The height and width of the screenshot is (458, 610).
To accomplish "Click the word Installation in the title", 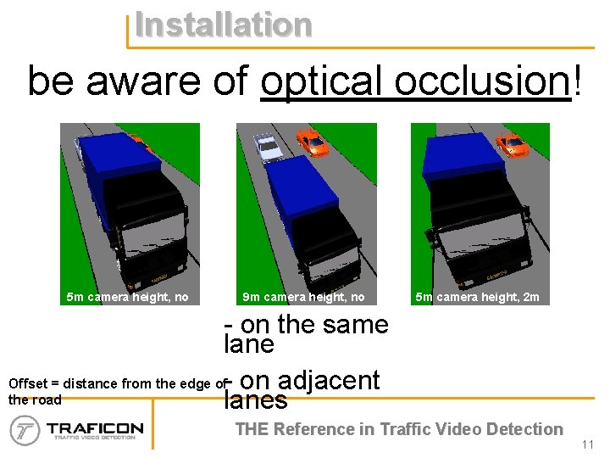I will tap(223, 24).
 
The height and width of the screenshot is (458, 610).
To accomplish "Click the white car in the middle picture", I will tap(269, 147).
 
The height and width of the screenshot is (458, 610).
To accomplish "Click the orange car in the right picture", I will tap(512, 145).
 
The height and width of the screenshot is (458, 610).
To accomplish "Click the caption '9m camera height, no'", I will tap(303, 297).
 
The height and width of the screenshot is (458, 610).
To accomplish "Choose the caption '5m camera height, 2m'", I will tap(477, 297).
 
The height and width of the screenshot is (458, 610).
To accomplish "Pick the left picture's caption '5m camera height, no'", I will tap(127, 297).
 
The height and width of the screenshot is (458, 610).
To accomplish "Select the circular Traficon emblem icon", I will tap(25, 430).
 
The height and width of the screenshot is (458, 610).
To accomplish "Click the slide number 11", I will tap(589, 444).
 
